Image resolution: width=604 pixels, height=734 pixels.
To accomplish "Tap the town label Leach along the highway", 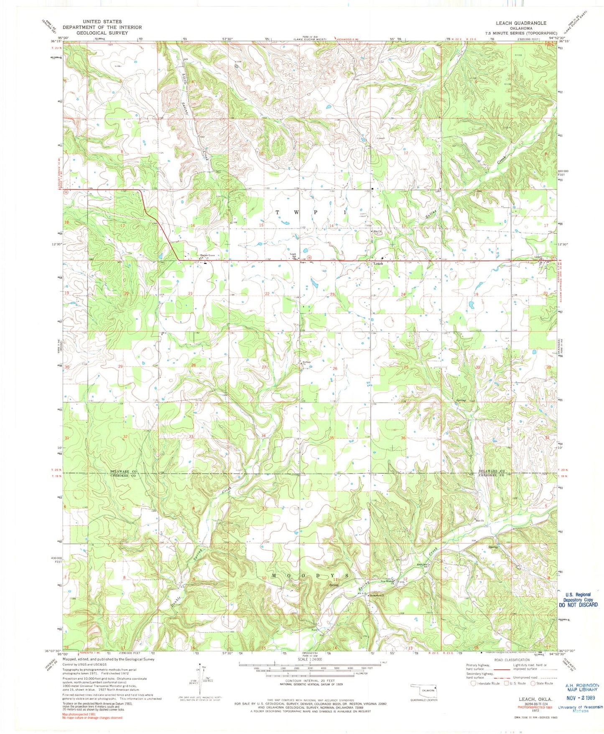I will tap(378, 264).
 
